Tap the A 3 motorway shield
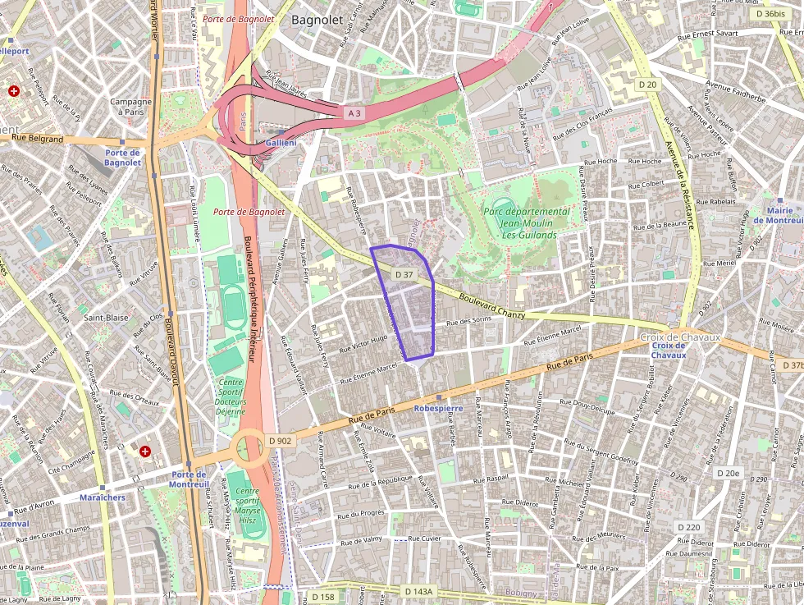[354, 114]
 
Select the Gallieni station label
[281, 143]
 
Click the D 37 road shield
[404, 274]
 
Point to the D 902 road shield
[280, 441]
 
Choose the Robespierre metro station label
[439, 408]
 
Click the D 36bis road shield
[770, 14]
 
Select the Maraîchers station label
[103, 497]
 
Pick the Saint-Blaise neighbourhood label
[106, 317]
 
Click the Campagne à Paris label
[131, 107]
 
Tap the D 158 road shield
[323, 597]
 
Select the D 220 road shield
[689, 526]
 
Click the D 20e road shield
[727, 473]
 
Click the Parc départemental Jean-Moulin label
[526, 222]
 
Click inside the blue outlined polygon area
[406, 304]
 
